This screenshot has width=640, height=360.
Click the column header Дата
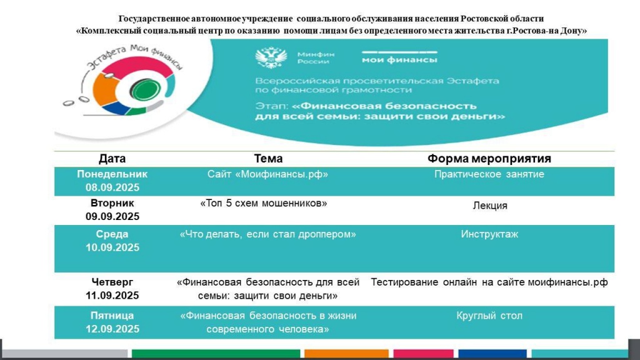112,158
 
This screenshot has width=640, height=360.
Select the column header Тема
268,158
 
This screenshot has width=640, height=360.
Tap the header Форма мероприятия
489,158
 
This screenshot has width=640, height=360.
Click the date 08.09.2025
112,187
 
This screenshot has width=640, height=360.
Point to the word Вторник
112,203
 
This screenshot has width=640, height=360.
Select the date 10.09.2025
112,247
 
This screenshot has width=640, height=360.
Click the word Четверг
112,282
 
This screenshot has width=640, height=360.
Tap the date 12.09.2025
112,329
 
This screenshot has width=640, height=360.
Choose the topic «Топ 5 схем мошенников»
264,203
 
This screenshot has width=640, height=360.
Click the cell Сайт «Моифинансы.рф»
267,174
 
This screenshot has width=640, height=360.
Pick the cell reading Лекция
490,206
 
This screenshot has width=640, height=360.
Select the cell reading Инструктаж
489,234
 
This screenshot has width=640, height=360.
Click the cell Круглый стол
489,316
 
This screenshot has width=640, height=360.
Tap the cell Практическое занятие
489,174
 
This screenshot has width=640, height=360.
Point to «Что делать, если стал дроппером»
267,234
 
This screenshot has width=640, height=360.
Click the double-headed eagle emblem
271,58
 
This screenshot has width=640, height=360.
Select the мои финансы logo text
399,60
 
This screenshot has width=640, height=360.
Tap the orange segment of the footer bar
346,354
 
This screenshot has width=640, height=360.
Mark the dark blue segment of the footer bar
492,354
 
